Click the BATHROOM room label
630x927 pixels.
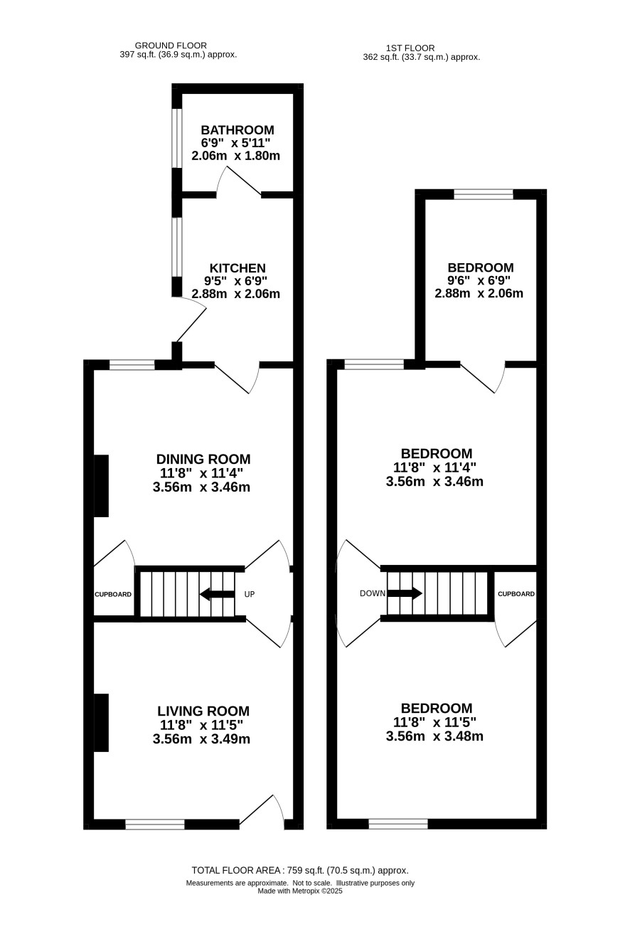[237, 130]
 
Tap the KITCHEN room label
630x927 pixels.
[237, 267]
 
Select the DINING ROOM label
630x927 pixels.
[203, 459]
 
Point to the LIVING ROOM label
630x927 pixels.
[203, 711]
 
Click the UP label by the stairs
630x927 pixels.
[250, 594]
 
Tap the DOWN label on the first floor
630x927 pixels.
[373, 593]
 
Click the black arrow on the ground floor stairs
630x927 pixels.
[217, 594]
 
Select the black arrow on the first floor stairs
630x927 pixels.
[405, 593]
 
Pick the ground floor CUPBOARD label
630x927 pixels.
[113, 594]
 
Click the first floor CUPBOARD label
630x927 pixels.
[516, 594]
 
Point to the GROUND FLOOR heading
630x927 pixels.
[171, 46]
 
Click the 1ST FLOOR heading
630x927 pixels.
[410, 48]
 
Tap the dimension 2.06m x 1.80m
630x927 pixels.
[236, 156]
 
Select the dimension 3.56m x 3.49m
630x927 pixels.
[201, 739]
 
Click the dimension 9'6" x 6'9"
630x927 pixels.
[479, 280]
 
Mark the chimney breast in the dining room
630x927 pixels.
[102, 486]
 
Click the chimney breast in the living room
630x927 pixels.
[102, 723]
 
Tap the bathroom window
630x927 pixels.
[177, 138]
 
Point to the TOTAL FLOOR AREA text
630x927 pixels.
[300, 870]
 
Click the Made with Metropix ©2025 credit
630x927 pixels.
[300, 891]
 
